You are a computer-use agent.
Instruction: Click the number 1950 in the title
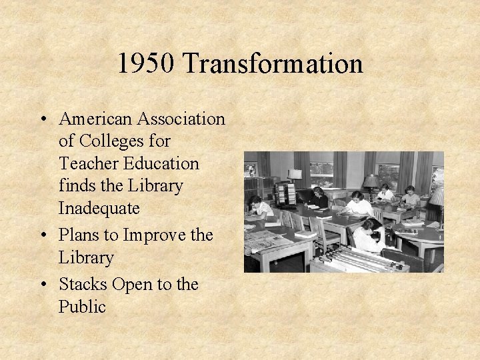point(146,64)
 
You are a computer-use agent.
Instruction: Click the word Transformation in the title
point(273,64)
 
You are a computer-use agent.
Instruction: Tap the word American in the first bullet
point(95,119)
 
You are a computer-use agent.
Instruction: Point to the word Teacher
point(84,163)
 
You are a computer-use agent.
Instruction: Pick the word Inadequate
point(99,208)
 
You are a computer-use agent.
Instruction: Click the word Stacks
point(83,285)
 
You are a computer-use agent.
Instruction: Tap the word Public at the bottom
point(82,307)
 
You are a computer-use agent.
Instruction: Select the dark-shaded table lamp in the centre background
point(371,181)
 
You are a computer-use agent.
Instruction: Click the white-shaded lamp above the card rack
point(295,175)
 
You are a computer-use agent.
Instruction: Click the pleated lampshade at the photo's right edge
point(437,197)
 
